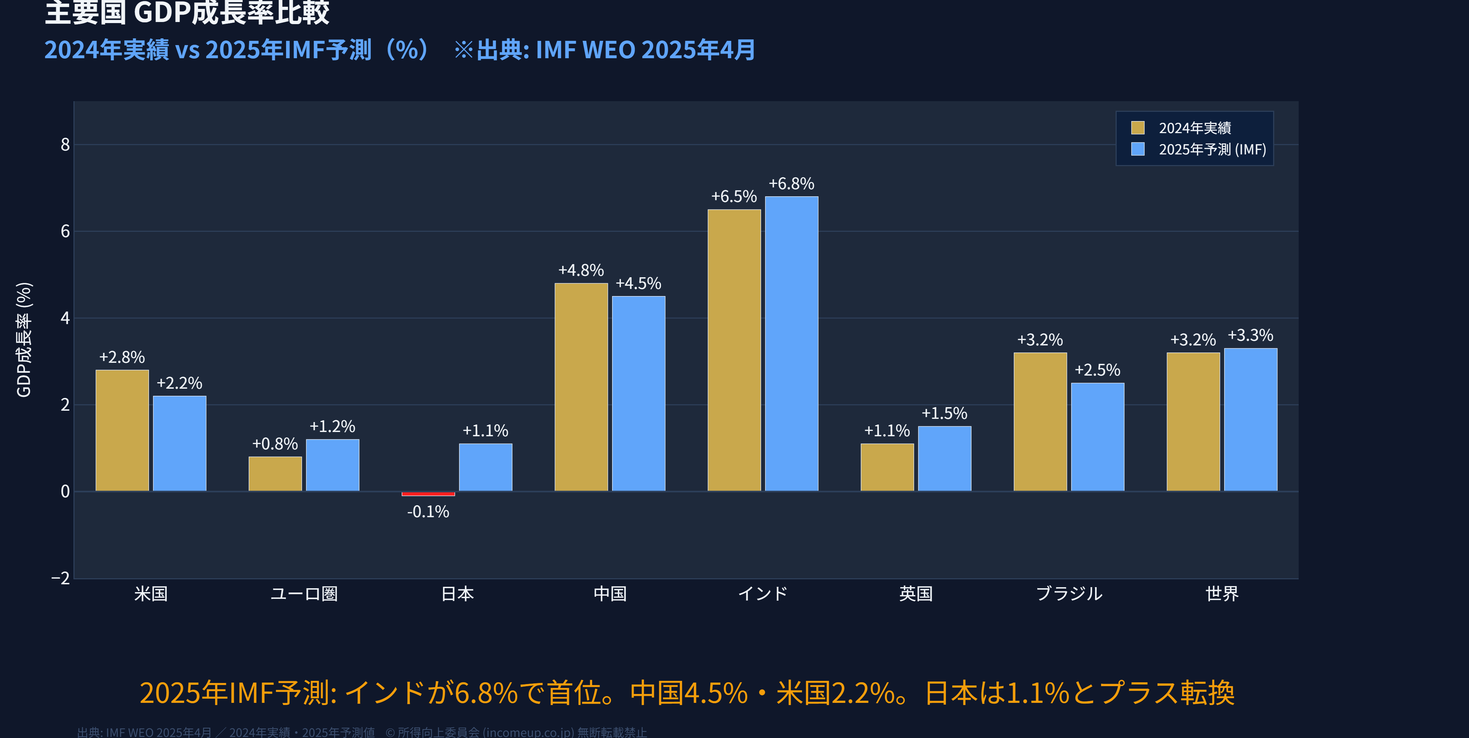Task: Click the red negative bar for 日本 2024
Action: pyautogui.click(x=428, y=493)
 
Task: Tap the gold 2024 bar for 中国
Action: pyautogui.click(x=581, y=387)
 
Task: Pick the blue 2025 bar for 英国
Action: pyautogui.click(x=944, y=459)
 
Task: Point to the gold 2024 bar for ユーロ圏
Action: pyautogui.click(x=275, y=474)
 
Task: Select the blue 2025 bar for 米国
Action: pyautogui.click(x=179, y=443)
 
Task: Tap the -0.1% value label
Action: pyautogui.click(x=428, y=512)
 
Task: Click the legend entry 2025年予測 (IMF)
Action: pyautogui.click(x=1212, y=149)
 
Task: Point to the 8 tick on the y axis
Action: pyautogui.click(x=65, y=145)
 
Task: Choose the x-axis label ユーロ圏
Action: pyautogui.click(x=304, y=594)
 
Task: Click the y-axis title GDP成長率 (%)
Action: pyautogui.click(x=24, y=340)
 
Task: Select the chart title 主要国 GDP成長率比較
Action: pyautogui.click(x=187, y=12)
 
